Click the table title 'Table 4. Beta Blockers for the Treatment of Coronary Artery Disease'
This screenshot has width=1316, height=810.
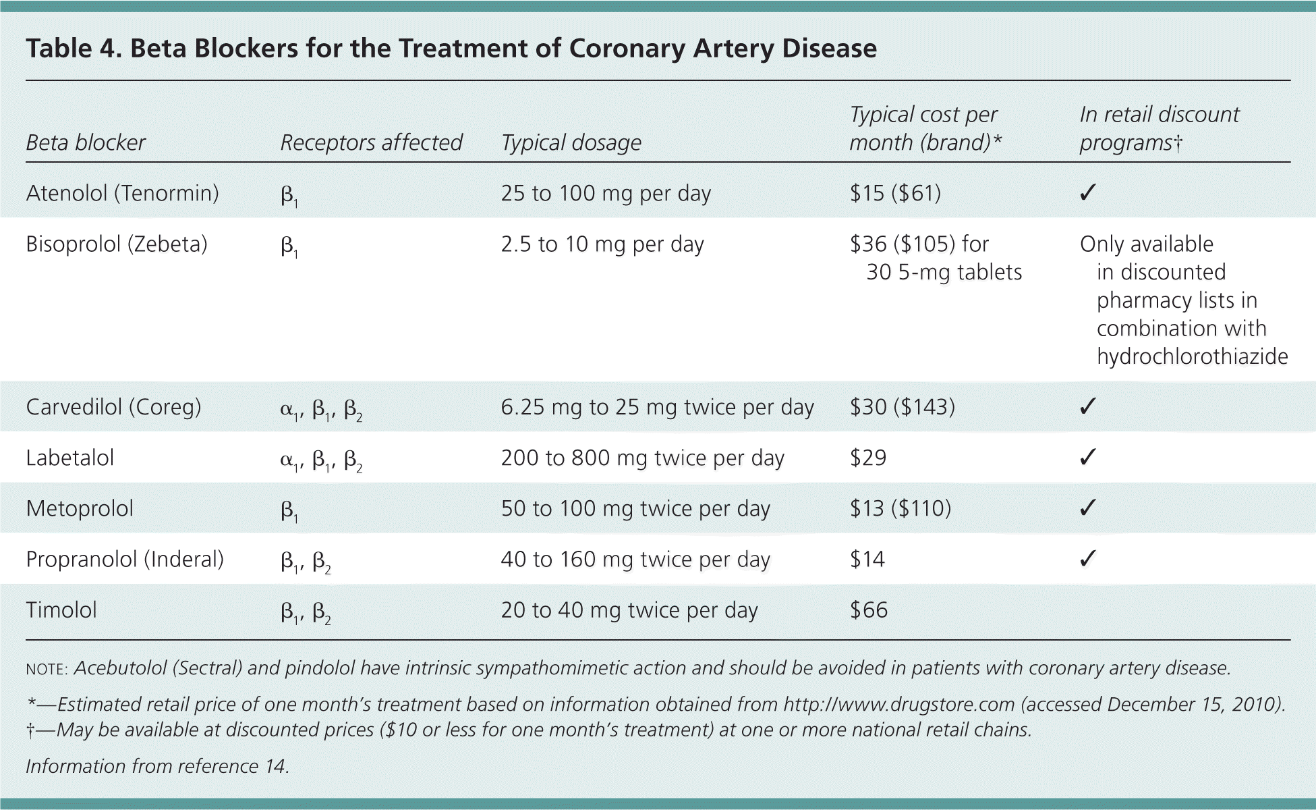[451, 49]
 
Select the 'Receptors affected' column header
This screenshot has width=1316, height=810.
[371, 142]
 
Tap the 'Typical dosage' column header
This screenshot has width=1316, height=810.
[571, 142]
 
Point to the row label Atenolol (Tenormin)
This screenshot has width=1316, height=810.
[122, 193]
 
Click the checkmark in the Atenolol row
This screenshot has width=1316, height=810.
[1087, 193]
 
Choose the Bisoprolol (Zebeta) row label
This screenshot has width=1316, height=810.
[117, 244]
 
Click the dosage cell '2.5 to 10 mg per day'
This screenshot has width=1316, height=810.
[602, 244]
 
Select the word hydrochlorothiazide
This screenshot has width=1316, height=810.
[1192, 356]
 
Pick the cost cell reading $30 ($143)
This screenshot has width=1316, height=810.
[902, 407]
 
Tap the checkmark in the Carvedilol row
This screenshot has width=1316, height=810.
[1087, 407]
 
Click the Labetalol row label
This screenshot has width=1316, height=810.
[70, 458]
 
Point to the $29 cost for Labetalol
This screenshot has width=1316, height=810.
[868, 458]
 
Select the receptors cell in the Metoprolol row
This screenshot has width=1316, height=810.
[289, 510]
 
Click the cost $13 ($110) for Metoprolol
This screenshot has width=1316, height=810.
[900, 508]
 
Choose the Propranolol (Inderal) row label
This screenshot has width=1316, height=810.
[125, 559]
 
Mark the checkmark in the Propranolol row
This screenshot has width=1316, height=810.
[1087, 559]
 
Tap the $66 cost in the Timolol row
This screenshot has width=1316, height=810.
[869, 610]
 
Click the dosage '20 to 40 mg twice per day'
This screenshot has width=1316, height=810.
[629, 610]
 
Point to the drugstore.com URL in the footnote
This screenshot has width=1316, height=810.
[898, 704]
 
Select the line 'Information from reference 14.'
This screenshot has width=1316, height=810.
[157, 766]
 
